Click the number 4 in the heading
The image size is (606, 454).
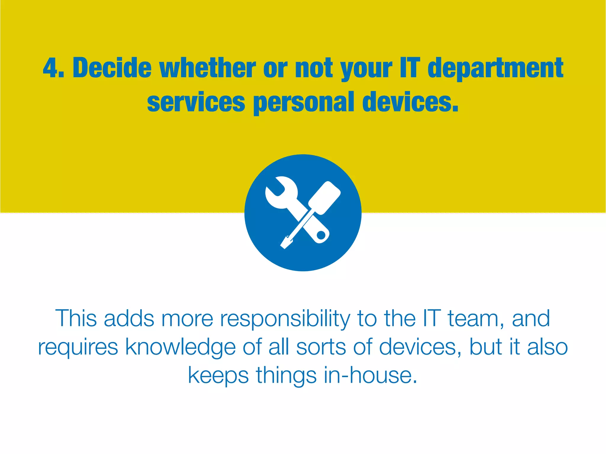click(51, 68)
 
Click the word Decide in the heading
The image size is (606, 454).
click(112, 68)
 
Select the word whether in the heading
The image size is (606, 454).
click(207, 68)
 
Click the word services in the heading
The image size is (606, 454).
click(196, 102)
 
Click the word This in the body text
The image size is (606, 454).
click(76, 318)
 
